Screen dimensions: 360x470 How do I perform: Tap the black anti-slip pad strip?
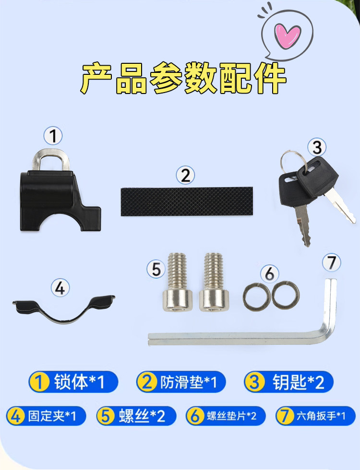click(x=187, y=201)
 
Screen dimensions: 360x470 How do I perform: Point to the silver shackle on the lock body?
click(x=51, y=158)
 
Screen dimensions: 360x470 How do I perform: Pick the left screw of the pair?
click(x=178, y=282)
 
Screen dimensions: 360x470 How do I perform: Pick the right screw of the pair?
click(x=214, y=282)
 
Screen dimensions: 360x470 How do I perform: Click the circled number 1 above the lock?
click(x=53, y=135)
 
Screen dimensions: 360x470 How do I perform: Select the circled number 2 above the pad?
click(x=185, y=175)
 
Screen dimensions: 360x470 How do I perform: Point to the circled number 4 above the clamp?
click(x=60, y=288)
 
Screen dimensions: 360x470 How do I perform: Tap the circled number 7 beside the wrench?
click(x=331, y=263)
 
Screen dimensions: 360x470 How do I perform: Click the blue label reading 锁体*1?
click(x=73, y=382)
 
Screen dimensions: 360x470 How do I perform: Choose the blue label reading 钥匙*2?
click(x=288, y=382)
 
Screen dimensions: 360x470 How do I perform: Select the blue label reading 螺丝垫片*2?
click(x=226, y=416)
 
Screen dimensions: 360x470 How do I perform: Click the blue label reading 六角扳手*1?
click(x=315, y=416)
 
